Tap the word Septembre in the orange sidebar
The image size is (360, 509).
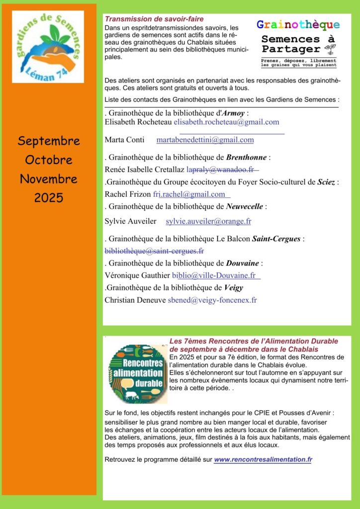click(x=49, y=141)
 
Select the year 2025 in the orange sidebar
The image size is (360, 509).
click(x=49, y=198)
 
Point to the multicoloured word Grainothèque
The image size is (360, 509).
click(x=298, y=25)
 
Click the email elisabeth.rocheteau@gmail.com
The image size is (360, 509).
click(x=226, y=122)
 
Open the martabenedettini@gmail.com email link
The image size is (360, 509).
click(x=205, y=140)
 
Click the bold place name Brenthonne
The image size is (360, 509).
click(x=247, y=158)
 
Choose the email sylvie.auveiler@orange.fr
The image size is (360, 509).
click(x=208, y=221)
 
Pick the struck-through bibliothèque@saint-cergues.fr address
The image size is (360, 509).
click(x=154, y=251)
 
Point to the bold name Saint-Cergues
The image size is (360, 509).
click(x=276, y=239)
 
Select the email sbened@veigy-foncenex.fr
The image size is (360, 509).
click(x=212, y=300)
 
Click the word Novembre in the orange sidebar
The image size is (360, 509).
click(x=49, y=179)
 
